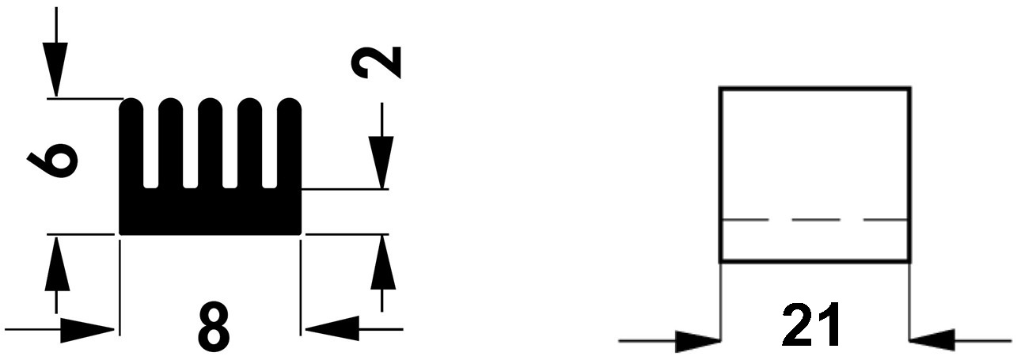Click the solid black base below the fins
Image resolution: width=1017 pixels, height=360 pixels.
coord(210,212)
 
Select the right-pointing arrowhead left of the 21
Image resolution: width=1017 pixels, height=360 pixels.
coord(696,341)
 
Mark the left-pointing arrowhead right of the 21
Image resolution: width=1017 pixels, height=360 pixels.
coord(934,341)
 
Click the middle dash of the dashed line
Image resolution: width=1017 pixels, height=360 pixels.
coord(814,219)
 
